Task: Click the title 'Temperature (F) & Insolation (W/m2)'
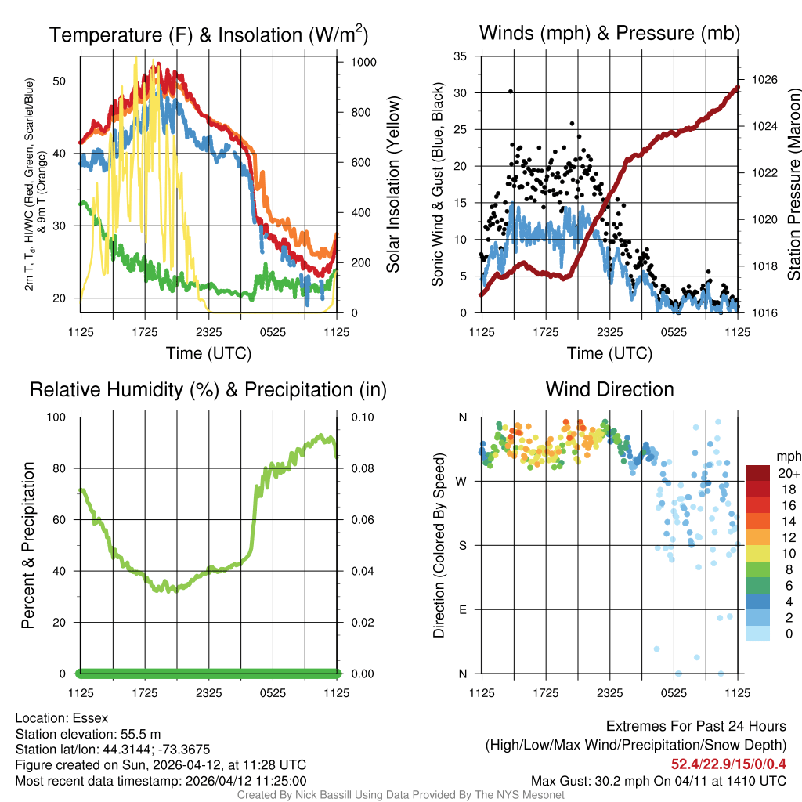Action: (208, 34)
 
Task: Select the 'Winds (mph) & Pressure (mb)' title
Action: (609, 33)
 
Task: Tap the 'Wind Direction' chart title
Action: (609, 389)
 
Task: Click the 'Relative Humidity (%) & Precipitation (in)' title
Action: (208, 389)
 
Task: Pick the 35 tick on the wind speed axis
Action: (461, 56)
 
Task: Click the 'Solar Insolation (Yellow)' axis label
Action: (392, 185)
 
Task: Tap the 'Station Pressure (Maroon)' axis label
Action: (793, 184)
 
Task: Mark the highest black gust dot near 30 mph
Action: (511, 91)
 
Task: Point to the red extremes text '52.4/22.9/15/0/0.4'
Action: (728, 764)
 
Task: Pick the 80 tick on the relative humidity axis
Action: (60, 468)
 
